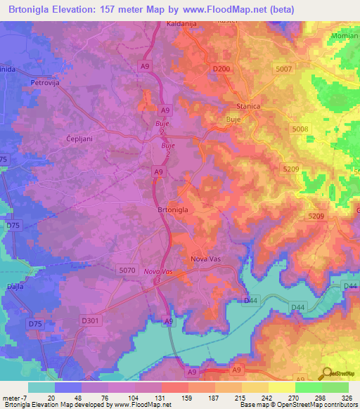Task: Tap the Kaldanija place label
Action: pyautogui.click(x=166, y=24)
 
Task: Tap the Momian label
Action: pyautogui.click(x=345, y=34)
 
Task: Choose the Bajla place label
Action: pyautogui.click(x=16, y=287)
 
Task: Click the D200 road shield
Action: pyautogui.click(x=221, y=69)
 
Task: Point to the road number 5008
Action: pyautogui.click(x=300, y=129)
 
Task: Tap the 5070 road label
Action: pyautogui.click(x=127, y=269)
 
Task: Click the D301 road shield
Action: pyautogui.click(x=89, y=320)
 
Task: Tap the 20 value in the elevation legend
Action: pyautogui.click(x=51, y=398)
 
